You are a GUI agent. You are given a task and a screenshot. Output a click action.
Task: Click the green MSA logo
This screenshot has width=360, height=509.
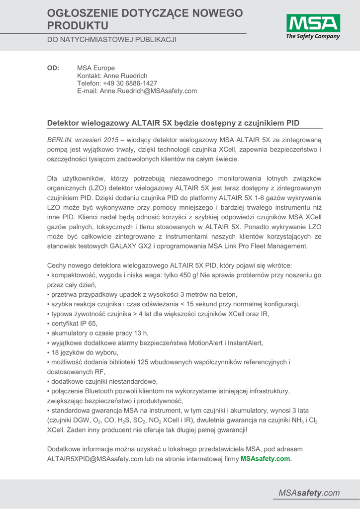(x=313, y=23)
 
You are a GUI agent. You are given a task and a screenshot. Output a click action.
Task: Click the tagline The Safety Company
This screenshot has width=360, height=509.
(x=313, y=36)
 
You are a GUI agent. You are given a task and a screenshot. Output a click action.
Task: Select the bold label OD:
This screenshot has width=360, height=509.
(x=53, y=68)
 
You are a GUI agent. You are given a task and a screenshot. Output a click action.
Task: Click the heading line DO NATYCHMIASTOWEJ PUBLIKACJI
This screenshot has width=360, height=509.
(x=112, y=39)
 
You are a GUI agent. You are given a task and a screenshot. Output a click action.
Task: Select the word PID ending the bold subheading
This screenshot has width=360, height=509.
(x=291, y=123)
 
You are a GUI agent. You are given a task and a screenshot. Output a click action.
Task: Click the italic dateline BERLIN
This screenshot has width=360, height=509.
(x=60, y=140)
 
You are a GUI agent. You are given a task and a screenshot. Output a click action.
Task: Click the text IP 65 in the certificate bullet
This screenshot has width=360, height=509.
(x=89, y=323)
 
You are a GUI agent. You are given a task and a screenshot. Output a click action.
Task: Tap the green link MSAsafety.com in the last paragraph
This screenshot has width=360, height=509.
(x=265, y=459)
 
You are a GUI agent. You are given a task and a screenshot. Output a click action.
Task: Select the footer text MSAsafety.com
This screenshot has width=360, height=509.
(x=309, y=493)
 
